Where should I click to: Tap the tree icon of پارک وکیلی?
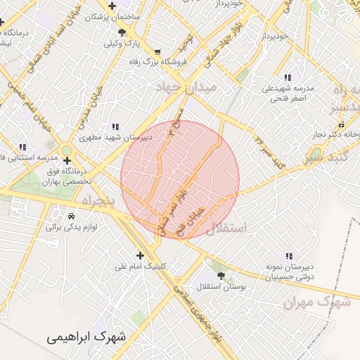tap(123, 32)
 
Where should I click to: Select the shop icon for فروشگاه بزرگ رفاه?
tap(157, 52)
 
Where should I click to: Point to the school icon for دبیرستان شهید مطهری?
tap(115, 127)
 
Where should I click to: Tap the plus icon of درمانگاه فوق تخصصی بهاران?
tap(67, 161)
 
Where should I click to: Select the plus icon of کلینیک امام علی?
tap(140, 255)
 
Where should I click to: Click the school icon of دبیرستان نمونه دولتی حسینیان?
tap(288, 256)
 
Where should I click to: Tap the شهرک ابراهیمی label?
tap(88, 337)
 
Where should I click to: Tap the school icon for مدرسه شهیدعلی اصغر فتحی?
tap(288, 77)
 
